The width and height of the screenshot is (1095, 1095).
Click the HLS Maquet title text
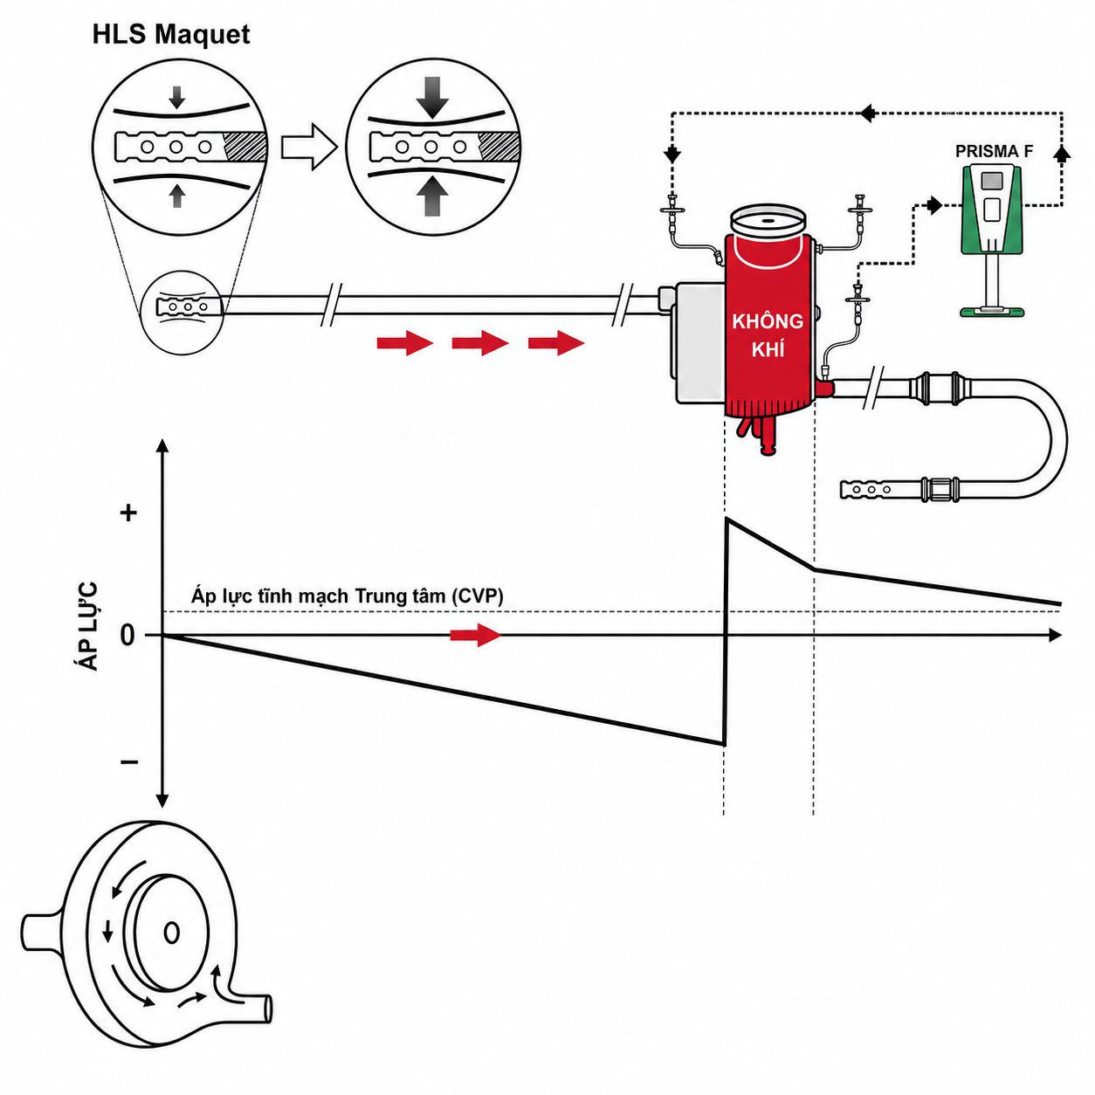171,34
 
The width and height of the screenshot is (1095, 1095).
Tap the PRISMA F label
995,152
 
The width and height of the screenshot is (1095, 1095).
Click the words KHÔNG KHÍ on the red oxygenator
768,335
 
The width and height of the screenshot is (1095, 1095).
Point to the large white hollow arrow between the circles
310,148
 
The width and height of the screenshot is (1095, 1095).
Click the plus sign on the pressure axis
129,513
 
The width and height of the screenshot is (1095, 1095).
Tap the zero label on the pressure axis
127,636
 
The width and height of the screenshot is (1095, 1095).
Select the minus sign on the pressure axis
129,761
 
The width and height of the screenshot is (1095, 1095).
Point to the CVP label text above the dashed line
348,596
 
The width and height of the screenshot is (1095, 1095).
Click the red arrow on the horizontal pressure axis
476,635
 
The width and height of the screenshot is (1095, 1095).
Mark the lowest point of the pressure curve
723,744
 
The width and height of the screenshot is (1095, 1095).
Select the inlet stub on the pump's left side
41,933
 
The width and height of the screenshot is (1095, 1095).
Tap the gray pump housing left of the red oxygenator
696,343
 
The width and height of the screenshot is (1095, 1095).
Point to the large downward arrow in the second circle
432,98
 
